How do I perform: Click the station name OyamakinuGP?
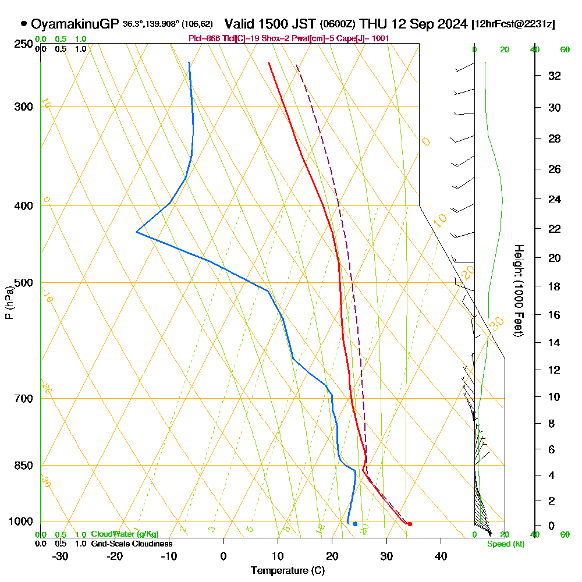pos(75,24)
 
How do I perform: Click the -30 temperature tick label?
pos(61,556)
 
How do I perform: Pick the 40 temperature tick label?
pos(441,556)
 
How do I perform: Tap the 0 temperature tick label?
pos(223,556)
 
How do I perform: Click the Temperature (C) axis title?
pos(288,570)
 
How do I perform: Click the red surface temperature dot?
pos(410,524)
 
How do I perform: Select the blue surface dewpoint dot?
pos(355,524)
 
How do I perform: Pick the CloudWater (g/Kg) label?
pos(125,534)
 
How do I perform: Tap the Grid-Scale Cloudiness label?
pos(132,544)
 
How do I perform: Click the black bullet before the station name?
pos(23,24)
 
